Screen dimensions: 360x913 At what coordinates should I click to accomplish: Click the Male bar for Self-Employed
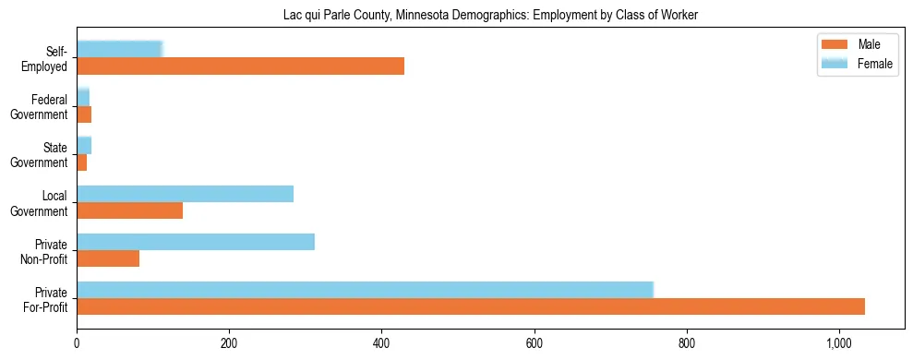[x=240, y=66]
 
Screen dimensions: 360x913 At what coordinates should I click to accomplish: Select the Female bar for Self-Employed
[x=119, y=49]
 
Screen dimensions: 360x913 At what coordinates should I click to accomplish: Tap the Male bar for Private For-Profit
[x=470, y=306]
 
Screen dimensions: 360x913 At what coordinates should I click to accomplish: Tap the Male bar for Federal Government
[x=84, y=114]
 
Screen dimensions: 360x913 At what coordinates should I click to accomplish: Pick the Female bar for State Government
[x=84, y=145]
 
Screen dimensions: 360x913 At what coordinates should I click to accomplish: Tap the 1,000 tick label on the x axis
[x=838, y=343]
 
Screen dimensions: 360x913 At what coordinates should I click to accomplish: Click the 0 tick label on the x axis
[x=77, y=343]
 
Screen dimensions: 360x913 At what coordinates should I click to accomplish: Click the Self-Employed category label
[x=48, y=58]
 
